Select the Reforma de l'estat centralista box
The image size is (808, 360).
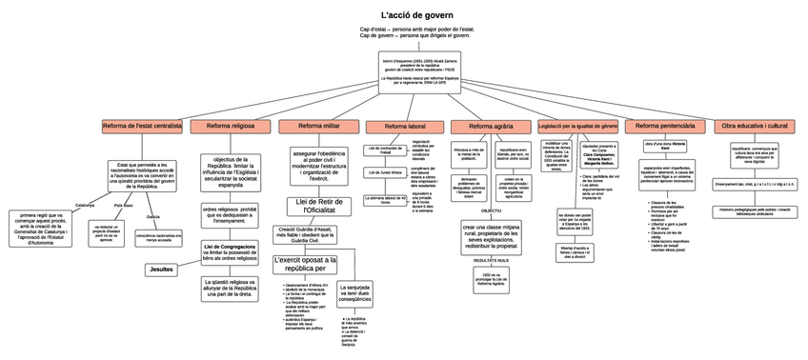tap(142, 125)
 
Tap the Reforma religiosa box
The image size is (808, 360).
tap(230, 126)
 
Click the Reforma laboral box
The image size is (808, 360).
tap(405, 126)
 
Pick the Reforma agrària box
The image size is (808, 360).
tap(492, 126)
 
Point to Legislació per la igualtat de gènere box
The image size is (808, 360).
tap(577, 126)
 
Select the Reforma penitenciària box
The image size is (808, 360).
tap(665, 126)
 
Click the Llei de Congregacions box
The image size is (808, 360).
tap(230, 251)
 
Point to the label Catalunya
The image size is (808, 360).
tap(85, 205)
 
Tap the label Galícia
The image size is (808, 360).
tap(152, 217)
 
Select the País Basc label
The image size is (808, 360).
tap(123, 205)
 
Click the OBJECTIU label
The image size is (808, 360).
tap(490, 210)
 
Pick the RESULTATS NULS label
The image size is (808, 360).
tap(490, 259)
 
